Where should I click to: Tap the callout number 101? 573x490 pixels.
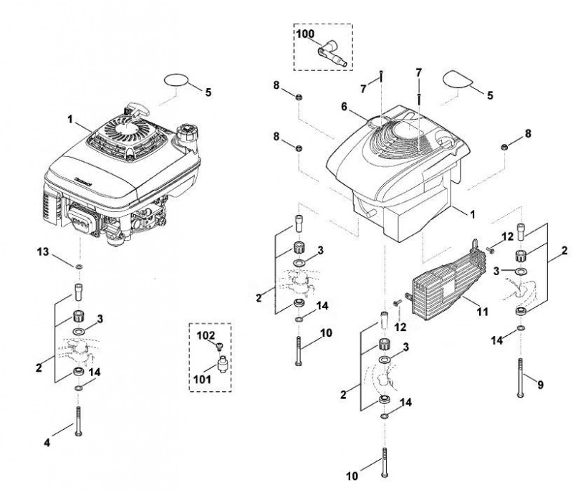click(x=202, y=379)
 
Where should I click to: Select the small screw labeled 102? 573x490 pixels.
click(x=219, y=346)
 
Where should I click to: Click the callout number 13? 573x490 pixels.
click(x=43, y=251)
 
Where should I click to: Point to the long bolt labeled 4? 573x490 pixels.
click(x=78, y=421)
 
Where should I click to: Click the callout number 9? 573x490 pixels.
click(x=540, y=385)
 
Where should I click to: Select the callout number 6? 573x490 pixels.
click(x=344, y=106)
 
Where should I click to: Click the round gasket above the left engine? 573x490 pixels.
click(x=176, y=81)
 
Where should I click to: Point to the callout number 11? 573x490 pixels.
click(x=482, y=312)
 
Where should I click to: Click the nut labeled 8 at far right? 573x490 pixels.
click(x=504, y=147)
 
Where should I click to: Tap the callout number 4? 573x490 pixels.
click(x=47, y=443)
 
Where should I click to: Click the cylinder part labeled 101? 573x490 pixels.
click(x=222, y=365)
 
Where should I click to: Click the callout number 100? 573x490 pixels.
click(x=305, y=34)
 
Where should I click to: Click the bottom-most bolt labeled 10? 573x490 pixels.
click(x=385, y=462)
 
